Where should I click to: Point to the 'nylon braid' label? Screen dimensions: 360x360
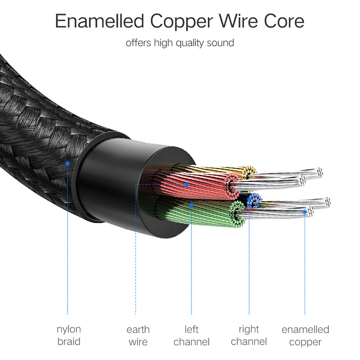click(69, 335)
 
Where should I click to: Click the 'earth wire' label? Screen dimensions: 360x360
click(138, 336)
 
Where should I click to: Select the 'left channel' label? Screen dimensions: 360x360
click(191, 336)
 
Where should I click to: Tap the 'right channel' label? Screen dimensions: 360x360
click(249, 335)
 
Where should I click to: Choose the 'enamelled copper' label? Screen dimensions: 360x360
click(305, 336)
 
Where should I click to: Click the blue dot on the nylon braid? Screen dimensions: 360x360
click(67, 163)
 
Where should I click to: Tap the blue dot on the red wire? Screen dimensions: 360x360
click(186, 184)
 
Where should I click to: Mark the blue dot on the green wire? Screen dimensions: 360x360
click(191, 205)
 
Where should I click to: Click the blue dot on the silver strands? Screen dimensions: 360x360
click(305, 211)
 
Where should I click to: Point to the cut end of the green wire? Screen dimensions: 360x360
click(237, 214)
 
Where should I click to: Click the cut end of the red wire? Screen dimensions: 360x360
click(233, 187)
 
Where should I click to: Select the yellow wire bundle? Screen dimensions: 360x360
click(225, 171)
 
